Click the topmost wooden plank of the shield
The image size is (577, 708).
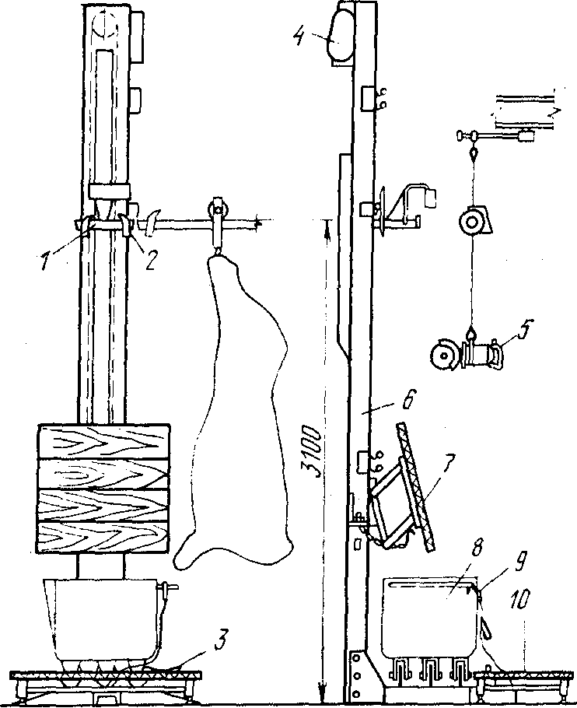coord(104,442)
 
